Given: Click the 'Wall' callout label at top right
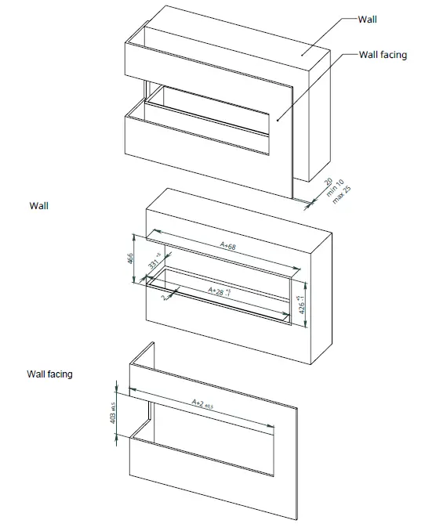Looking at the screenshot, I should click(367, 20).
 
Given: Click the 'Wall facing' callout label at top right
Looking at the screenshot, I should click(383, 55).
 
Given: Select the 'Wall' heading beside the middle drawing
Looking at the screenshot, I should click(38, 206).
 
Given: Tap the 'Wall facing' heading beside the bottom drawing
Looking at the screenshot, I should click(50, 374).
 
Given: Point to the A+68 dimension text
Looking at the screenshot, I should click(228, 246).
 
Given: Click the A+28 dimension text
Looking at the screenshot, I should click(219, 291).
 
